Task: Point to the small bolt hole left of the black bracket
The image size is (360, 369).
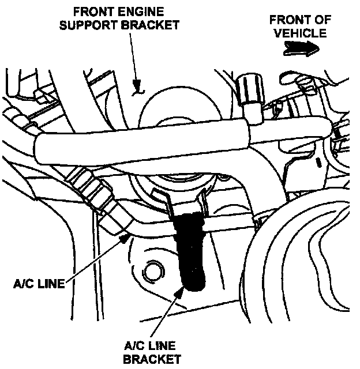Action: point(153,270)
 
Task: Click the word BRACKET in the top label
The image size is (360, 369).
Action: point(151,26)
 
